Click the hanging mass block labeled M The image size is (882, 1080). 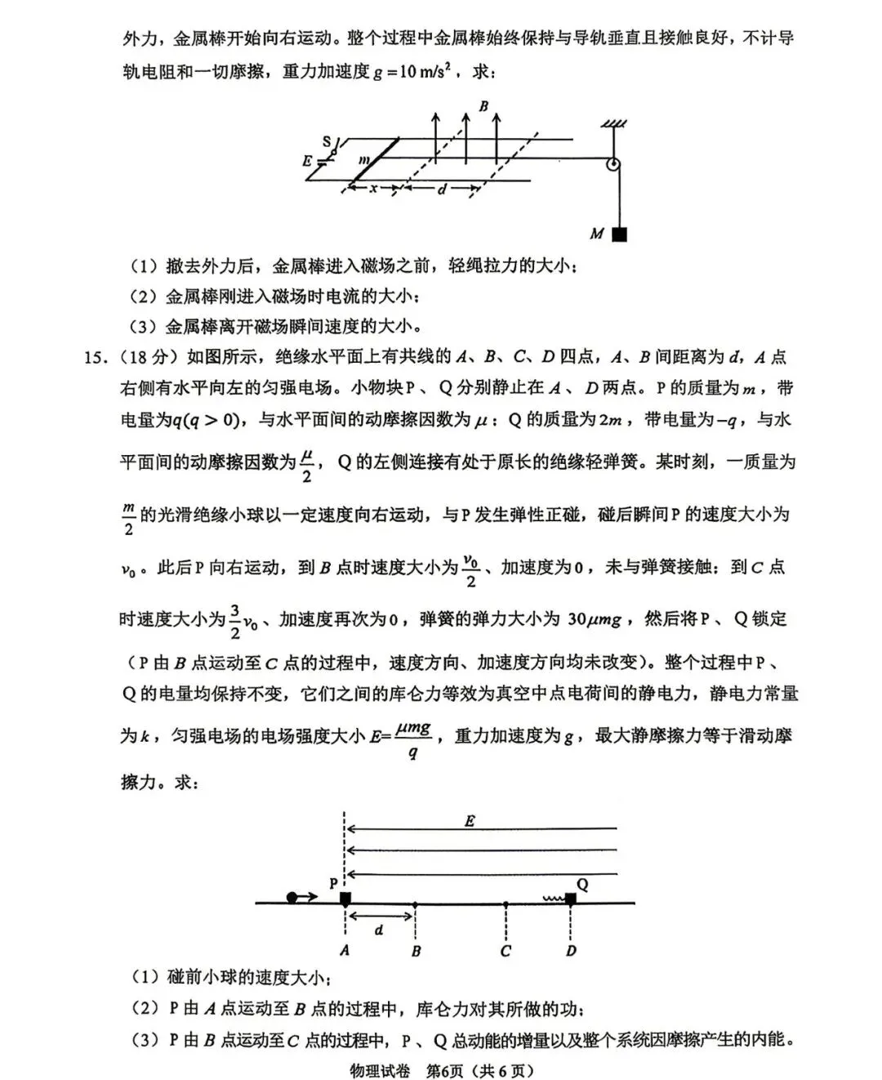point(620,234)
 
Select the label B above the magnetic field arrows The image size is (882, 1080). point(483,106)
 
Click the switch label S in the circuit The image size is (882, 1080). point(327,142)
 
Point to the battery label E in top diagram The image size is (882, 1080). point(308,161)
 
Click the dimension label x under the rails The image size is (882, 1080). point(373,189)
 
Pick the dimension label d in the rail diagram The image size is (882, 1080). point(442,190)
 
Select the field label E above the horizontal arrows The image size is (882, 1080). point(470,822)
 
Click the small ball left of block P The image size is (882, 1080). point(292,898)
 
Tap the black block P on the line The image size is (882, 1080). point(345,899)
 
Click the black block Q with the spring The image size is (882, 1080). point(571,899)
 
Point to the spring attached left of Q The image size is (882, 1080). point(554,899)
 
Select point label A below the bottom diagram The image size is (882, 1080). point(345,951)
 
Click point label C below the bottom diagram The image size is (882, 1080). point(506,951)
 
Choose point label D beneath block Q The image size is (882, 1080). point(571,951)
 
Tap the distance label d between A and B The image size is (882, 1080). point(379,930)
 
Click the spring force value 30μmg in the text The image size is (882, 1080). point(594,619)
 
